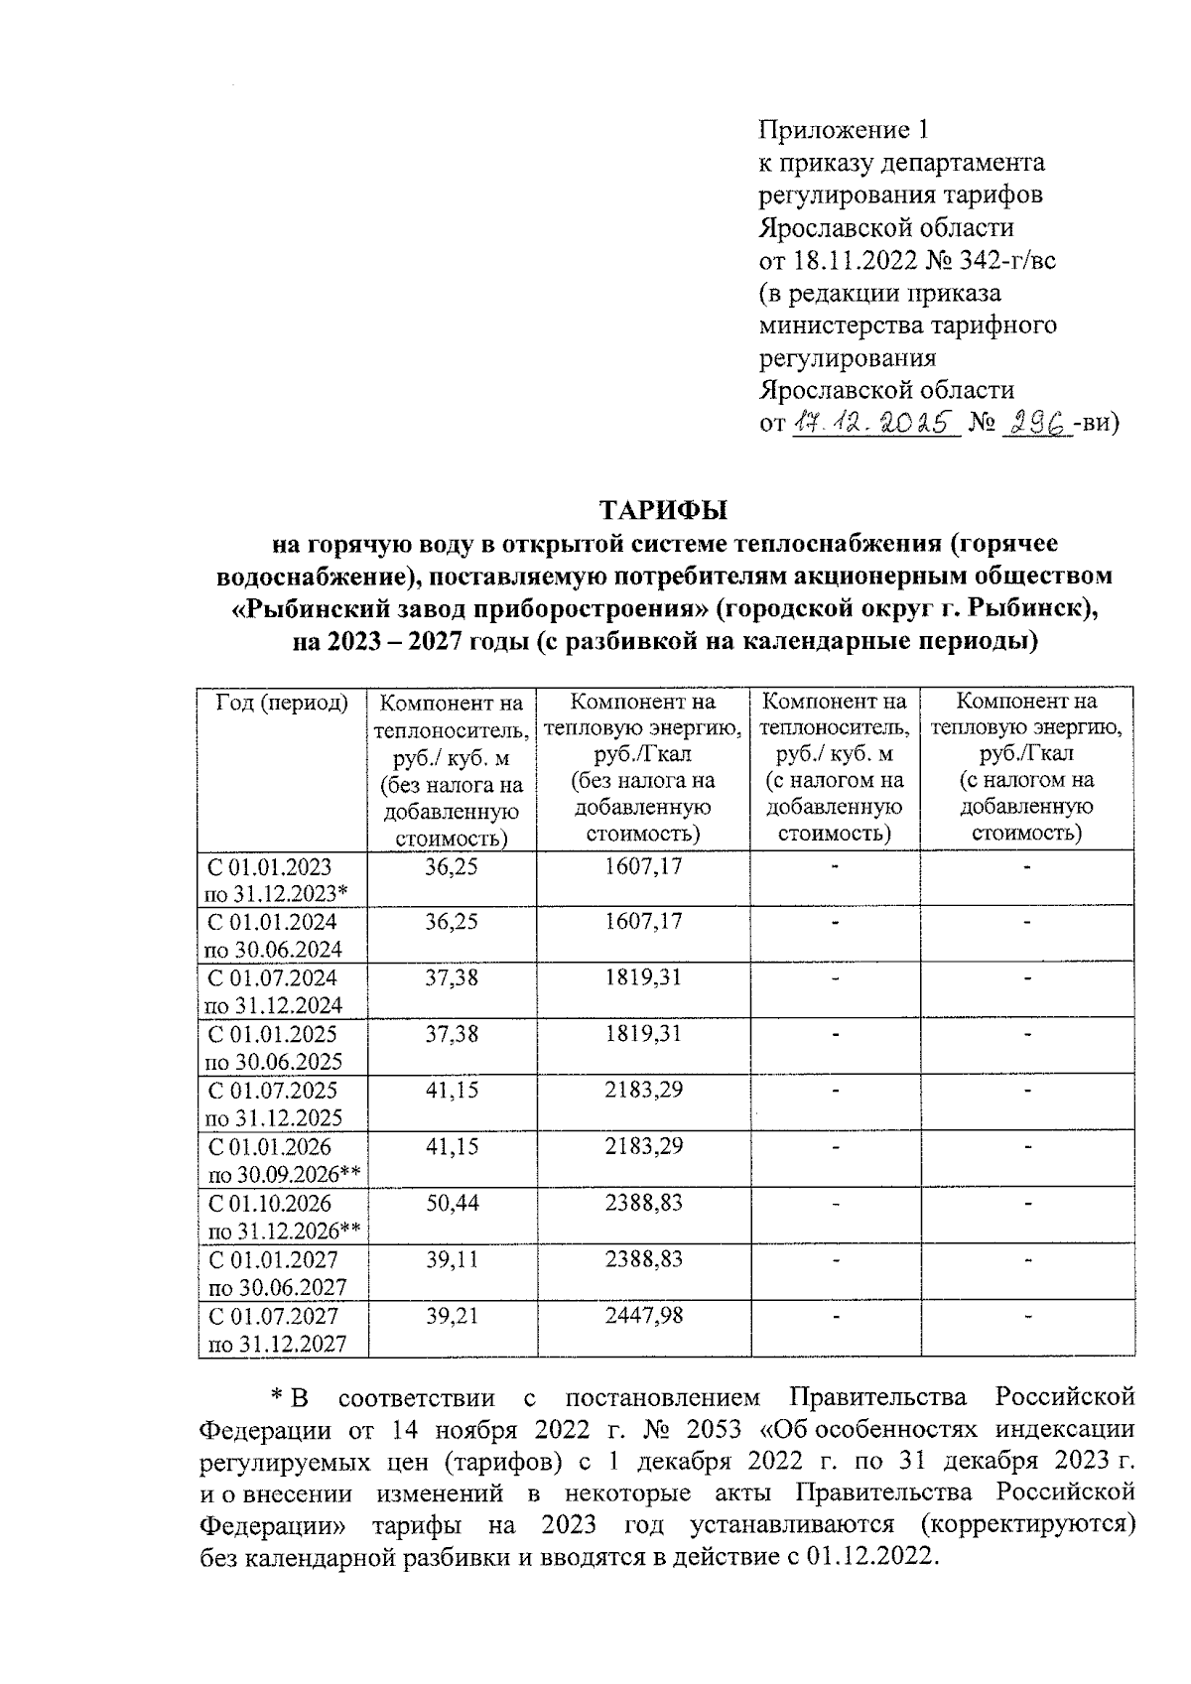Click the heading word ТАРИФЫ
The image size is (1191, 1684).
(663, 510)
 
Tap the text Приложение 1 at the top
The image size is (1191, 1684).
(843, 130)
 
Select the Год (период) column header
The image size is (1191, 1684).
(282, 703)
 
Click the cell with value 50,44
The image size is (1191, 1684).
(452, 1203)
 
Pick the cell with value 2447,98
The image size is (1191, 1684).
(643, 1316)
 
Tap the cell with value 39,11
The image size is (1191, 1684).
(452, 1259)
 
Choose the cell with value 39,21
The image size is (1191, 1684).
(452, 1316)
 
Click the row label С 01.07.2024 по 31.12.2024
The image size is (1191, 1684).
(273, 990)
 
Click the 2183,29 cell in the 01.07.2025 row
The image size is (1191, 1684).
(643, 1090)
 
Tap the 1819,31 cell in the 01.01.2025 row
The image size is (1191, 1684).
(643, 1033)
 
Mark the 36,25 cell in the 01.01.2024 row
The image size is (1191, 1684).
(452, 921)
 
